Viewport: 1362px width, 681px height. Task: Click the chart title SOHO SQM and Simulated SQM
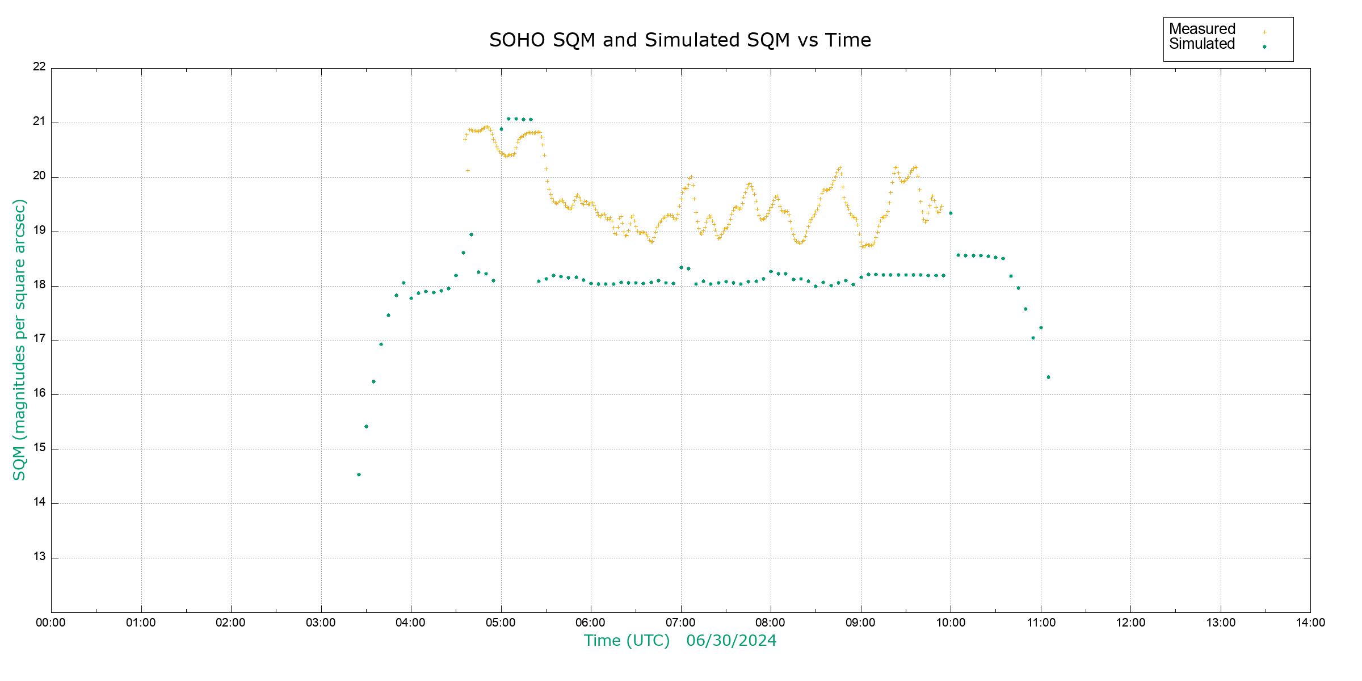pos(680,40)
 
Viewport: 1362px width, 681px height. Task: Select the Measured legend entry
pos(1202,29)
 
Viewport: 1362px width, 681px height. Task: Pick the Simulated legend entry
pos(1202,44)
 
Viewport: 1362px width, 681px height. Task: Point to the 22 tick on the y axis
pos(39,66)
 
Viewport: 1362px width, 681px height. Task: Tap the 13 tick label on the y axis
pos(39,557)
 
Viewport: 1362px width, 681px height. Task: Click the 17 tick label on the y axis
pos(39,339)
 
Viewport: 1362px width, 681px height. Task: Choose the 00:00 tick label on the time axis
pos(51,623)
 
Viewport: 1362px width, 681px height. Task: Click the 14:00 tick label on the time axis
pos(1310,623)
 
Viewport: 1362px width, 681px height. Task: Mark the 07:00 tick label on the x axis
pos(680,623)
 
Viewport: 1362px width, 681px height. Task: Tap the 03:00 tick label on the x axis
pos(321,623)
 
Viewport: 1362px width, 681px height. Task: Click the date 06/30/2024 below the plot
pos(731,641)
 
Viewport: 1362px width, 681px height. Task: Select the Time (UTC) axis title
pos(627,641)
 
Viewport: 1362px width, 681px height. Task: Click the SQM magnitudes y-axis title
pos(20,339)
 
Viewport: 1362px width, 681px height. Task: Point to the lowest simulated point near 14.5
pos(359,474)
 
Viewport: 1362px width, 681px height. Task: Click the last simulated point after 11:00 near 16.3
pos(1048,377)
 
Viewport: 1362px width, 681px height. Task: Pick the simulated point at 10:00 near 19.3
pos(951,213)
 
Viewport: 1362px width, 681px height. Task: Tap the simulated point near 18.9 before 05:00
pos(471,234)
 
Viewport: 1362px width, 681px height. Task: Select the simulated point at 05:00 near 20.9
pos(501,129)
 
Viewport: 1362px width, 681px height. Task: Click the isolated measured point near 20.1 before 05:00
pos(468,170)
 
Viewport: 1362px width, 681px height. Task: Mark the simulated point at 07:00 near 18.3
pos(681,267)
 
